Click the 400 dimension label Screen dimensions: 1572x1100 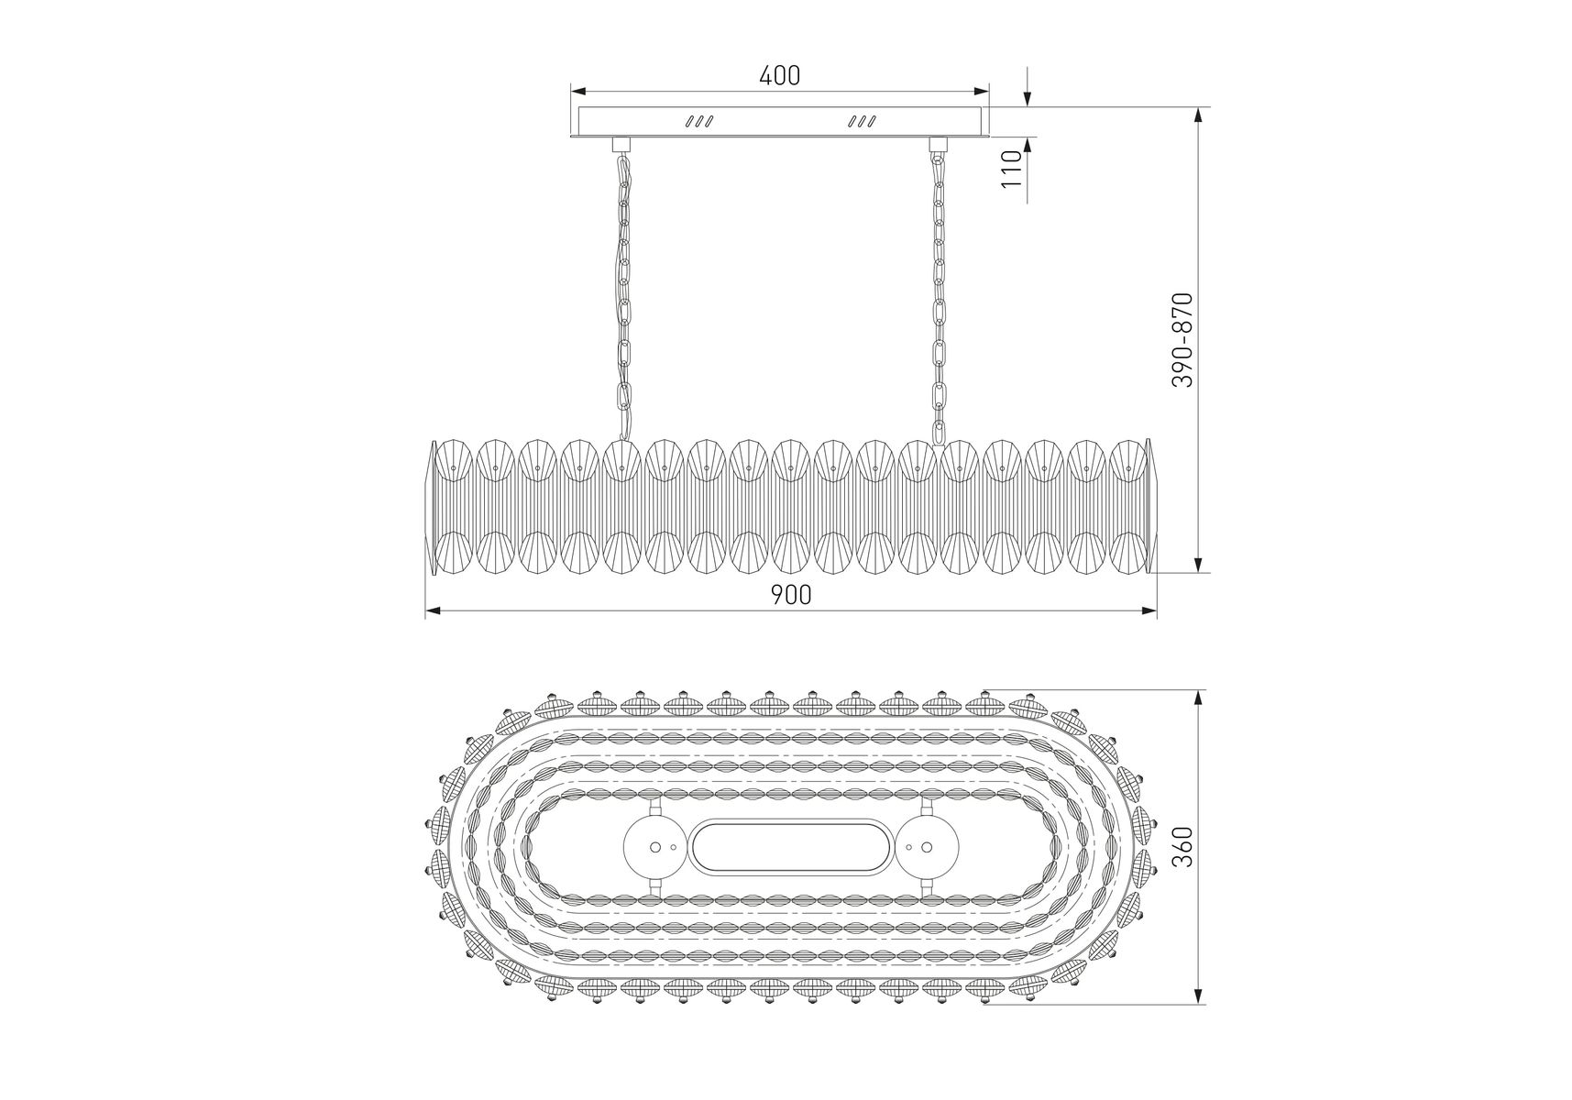[x=779, y=75]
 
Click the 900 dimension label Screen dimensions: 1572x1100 [x=790, y=595]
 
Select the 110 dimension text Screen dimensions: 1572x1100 [x=1011, y=169]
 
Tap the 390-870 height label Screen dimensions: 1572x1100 [x=1182, y=340]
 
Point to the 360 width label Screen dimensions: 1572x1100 [x=1182, y=847]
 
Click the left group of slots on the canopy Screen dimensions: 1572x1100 [x=700, y=121]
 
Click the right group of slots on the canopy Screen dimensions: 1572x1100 [x=862, y=121]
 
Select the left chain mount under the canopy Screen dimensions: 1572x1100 [x=621, y=144]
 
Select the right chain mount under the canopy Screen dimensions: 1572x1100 [x=937, y=144]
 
